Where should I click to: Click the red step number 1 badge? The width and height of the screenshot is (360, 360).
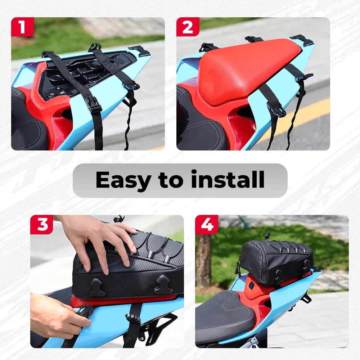click(22, 27)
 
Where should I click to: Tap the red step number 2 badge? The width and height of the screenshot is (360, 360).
click(188, 27)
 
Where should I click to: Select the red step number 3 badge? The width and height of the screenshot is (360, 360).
click(41, 224)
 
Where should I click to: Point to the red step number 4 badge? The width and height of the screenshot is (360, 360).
click(207, 224)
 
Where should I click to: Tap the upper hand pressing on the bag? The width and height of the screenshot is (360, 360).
click(99, 239)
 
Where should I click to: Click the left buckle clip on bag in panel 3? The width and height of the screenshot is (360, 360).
click(98, 287)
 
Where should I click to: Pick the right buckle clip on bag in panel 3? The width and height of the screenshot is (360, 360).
click(163, 284)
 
